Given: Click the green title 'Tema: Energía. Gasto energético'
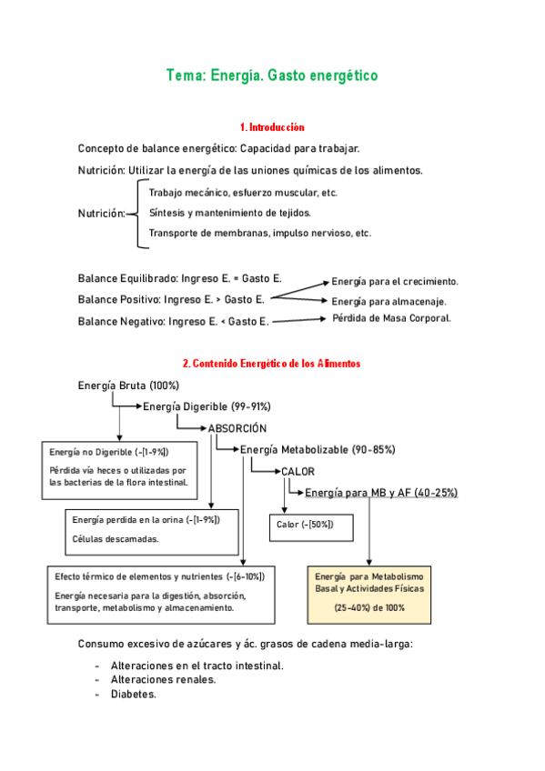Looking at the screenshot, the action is pos(271,76).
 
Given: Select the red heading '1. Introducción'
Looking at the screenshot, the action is pos(272,127).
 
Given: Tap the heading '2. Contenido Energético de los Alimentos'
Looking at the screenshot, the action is pos(271,363).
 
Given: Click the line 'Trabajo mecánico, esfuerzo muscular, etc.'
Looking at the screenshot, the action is pos(243,193).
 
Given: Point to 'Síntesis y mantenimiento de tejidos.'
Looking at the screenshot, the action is pos(229,213).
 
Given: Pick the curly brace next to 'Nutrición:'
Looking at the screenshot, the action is pos(138,213).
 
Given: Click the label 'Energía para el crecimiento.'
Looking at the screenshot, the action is pos(395,282).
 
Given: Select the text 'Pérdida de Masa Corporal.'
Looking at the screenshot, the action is pos(391,318).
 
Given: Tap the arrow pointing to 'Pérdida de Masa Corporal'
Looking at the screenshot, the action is pos(298,319).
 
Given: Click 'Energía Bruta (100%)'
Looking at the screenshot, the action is pos(128,385).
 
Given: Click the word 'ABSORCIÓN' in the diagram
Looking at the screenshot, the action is pos(237,427).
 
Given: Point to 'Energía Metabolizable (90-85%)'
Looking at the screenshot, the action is pos(318,449).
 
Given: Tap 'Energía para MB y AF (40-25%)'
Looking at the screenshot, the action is pos(381,492).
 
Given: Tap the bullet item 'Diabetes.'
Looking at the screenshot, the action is pos(134,693).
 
